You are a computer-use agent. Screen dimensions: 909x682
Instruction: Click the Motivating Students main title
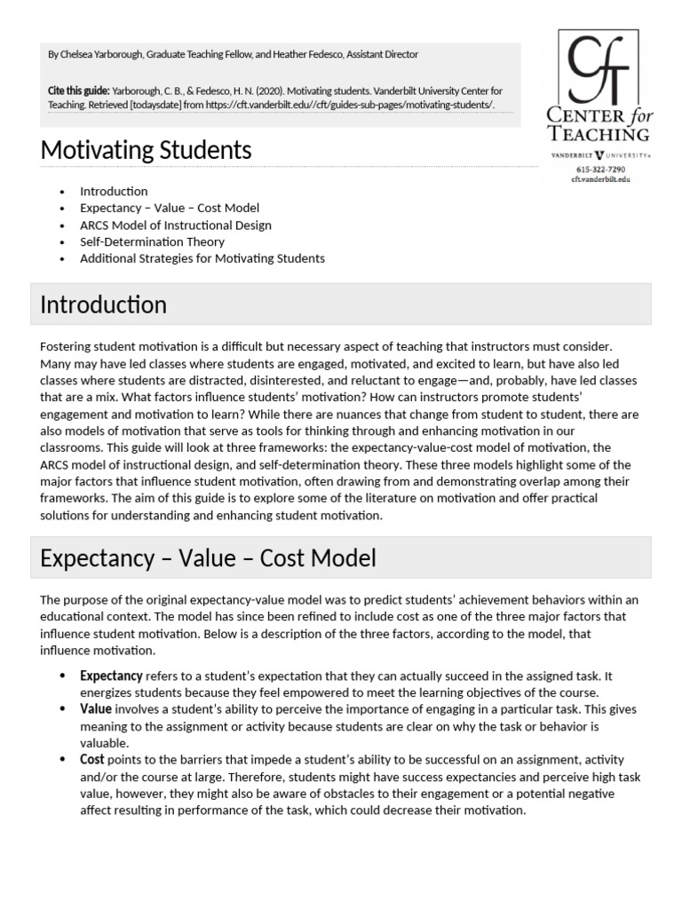pyautogui.click(x=147, y=151)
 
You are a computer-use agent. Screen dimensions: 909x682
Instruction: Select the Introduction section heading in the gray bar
pyautogui.click(x=104, y=304)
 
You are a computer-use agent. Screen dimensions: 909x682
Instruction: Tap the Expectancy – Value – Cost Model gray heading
pyautogui.click(x=209, y=557)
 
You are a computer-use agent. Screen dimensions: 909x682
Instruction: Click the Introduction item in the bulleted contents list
pyautogui.click(x=114, y=191)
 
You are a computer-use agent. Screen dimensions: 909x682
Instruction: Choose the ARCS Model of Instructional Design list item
pyautogui.click(x=176, y=225)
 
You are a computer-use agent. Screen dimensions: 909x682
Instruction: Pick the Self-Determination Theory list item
pyautogui.click(x=152, y=241)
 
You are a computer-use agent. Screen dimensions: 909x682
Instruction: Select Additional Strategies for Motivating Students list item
pyautogui.click(x=202, y=258)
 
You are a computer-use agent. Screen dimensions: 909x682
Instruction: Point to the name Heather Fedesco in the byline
pyautogui.click(x=310, y=54)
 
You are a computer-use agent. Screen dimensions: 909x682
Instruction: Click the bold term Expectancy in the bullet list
pyautogui.click(x=111, y=676)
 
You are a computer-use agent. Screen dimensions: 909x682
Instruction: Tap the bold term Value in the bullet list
pyautogui.click(x=96, y=709)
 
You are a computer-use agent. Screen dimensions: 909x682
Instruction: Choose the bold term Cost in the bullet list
pyautogui.click(x=92, y=760)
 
